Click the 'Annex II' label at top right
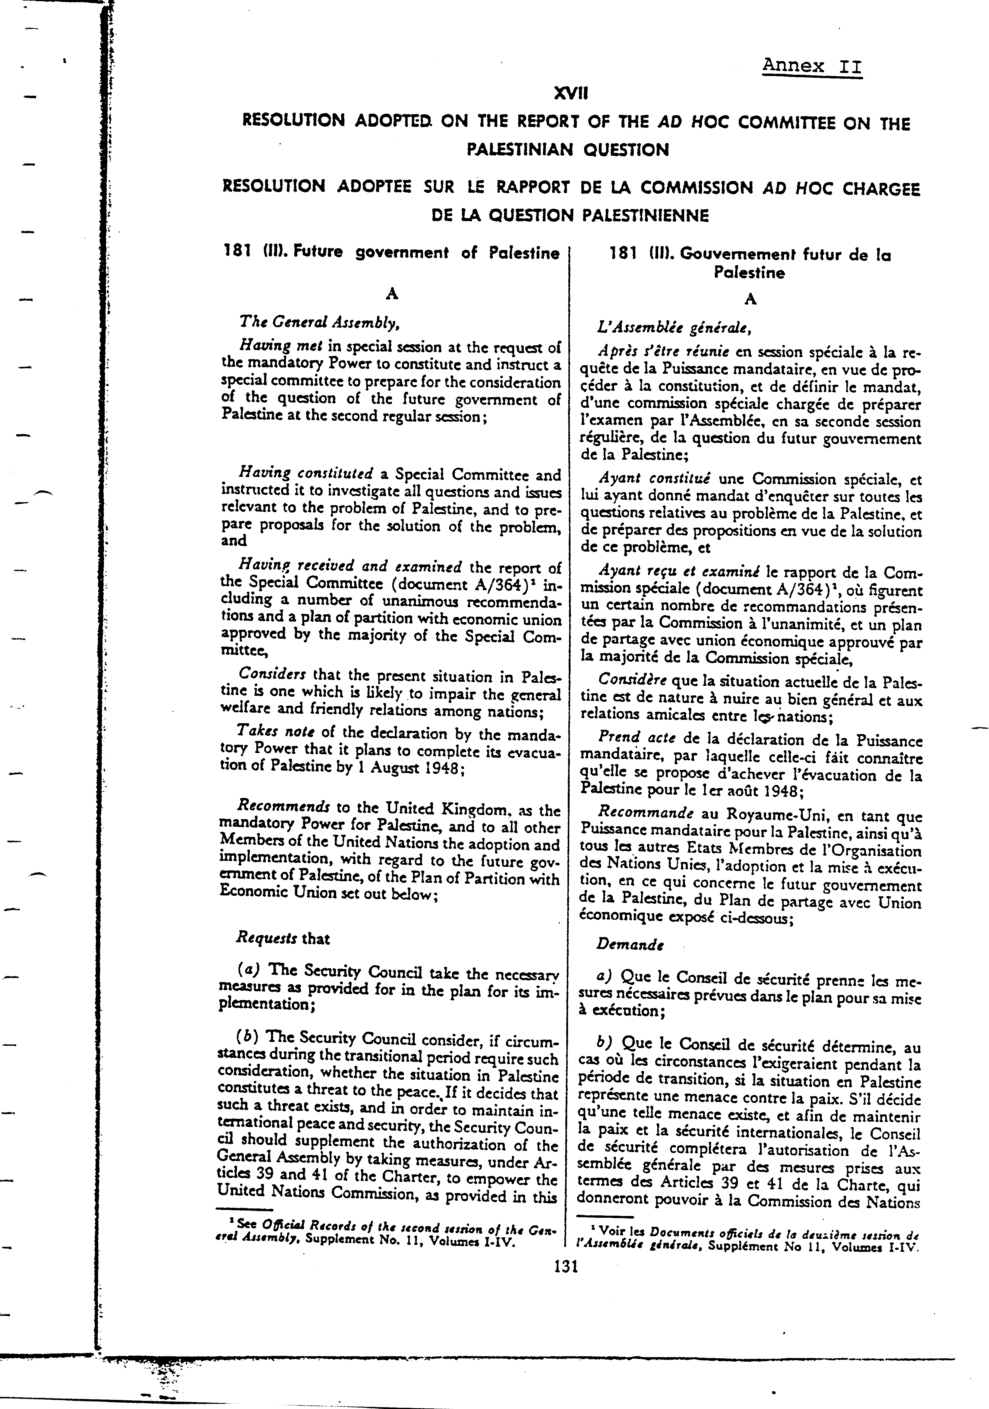(812, 66)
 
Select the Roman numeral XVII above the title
(570, 93)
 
